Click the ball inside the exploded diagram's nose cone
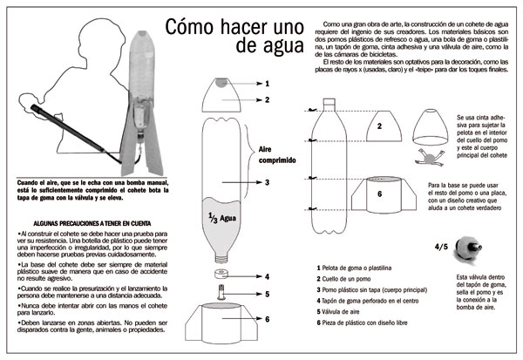(221, 85)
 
